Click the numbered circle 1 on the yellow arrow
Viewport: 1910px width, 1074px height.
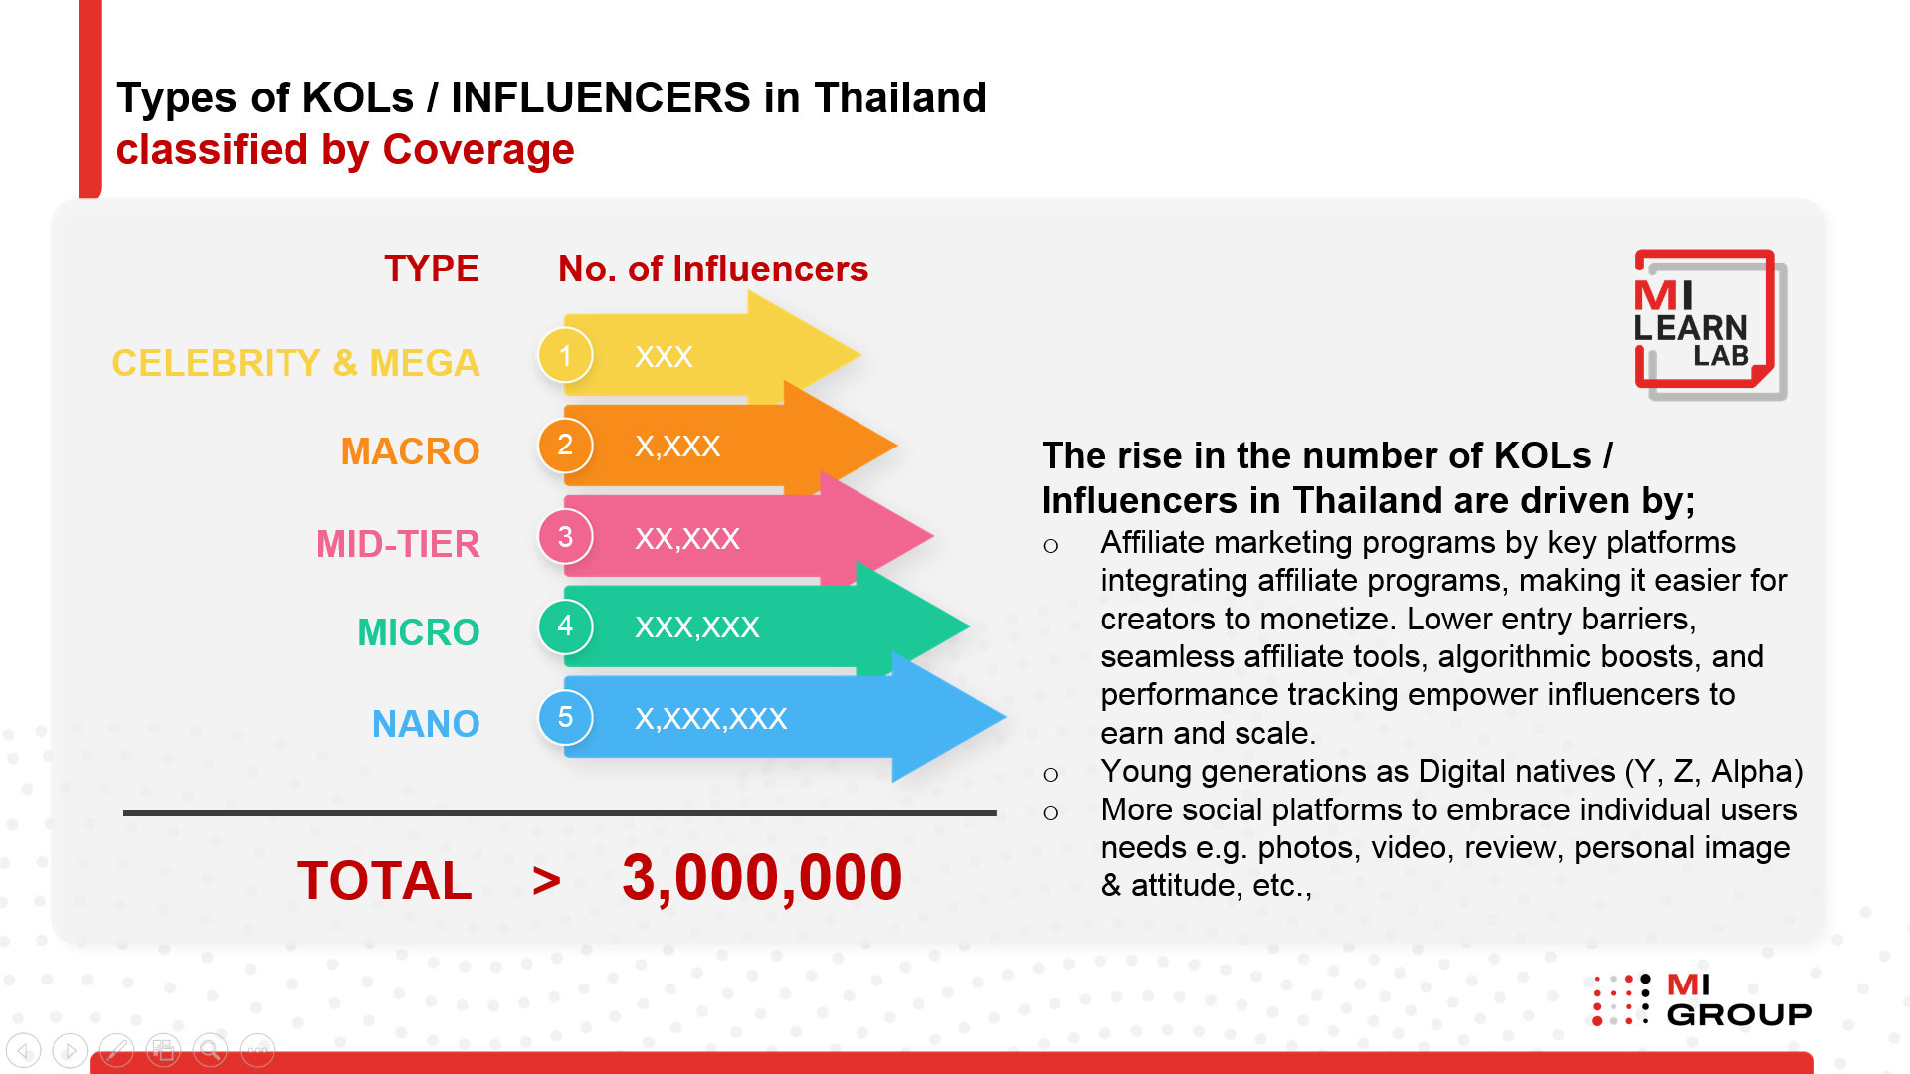[565, 355]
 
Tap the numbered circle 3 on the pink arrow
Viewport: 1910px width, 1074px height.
[565, 537]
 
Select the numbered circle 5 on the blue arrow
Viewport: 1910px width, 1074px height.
[565, 717]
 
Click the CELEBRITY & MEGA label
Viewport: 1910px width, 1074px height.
[295, 363]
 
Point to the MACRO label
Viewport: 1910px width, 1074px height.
[410, 451]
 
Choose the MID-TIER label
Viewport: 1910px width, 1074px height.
[398, 544]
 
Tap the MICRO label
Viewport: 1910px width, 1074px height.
[419, 632]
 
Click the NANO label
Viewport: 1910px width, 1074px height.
[426, 724]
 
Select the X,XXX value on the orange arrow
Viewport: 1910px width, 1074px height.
[677, 447]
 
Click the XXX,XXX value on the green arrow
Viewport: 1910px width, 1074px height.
[697, 626]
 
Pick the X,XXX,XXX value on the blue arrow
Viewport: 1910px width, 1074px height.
[711, 719]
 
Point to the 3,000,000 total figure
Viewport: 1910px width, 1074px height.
[762, 879]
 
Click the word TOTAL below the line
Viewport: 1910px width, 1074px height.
[385, 881]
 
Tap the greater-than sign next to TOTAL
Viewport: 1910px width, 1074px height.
[546, 881]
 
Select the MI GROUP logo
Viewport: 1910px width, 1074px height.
[1702, 999]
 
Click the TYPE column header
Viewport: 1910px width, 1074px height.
[432, 268]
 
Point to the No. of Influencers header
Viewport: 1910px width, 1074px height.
[713, 268]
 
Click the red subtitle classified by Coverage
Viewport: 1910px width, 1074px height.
[345, 150]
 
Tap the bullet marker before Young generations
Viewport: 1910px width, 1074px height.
[1050, 775]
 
